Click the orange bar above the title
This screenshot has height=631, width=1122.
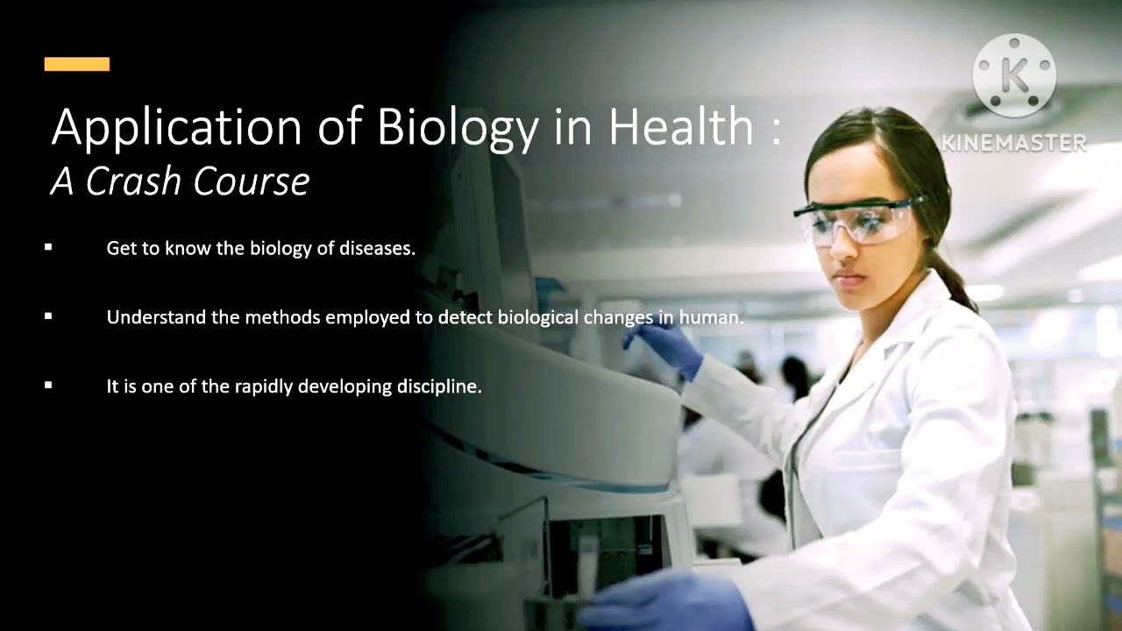[77, 64]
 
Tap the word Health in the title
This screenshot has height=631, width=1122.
[681, 127]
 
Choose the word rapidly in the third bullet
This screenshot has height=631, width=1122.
[263, 386]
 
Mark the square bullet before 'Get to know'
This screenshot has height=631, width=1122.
[48, 248]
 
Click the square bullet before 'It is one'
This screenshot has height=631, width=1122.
[48, 386]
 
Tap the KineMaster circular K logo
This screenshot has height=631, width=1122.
[1014, 76]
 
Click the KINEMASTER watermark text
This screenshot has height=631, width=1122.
[1014, 143]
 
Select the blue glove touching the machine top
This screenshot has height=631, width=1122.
[671, 346]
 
